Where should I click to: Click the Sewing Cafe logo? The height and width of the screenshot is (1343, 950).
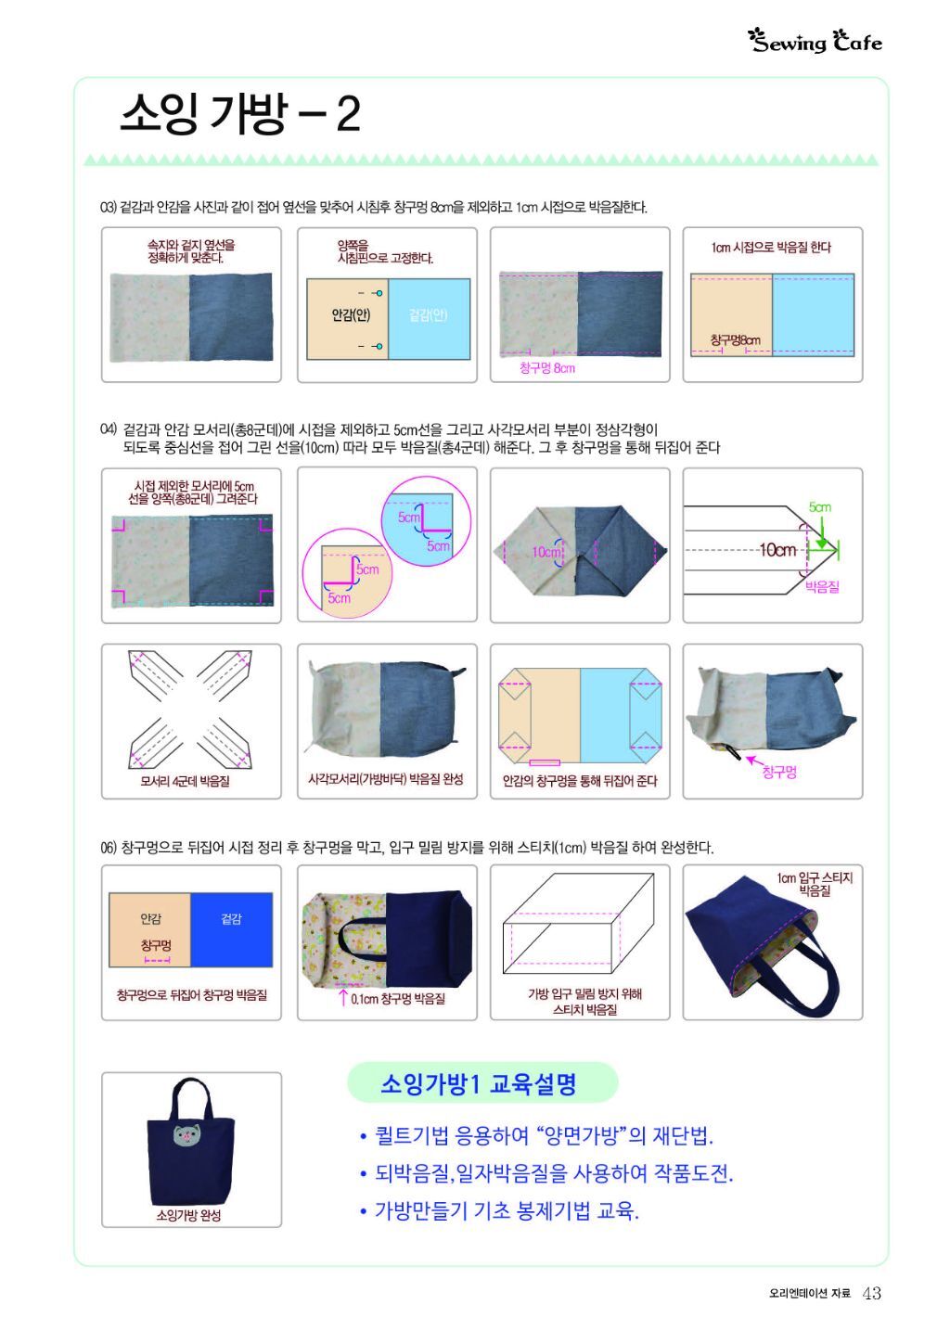point(815,42)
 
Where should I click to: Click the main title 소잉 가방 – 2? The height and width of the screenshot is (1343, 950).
point(240,114)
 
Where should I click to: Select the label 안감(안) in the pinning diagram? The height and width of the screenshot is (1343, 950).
point(351,314)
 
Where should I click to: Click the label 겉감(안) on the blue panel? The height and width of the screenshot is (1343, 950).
point(429,314)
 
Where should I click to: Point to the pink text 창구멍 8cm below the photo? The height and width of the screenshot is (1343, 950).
point(547,368)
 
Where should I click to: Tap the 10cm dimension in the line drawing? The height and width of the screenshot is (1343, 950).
point(777,549)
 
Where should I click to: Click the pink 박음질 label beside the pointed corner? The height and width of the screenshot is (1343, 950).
point(822,587)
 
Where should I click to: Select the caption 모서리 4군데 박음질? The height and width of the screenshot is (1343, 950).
point(186,781)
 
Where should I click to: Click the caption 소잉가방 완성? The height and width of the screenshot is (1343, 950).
point(189,1215)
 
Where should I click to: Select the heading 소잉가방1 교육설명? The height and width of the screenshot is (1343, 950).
point(478,1083)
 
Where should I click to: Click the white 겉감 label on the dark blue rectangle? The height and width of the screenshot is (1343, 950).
point(232,918)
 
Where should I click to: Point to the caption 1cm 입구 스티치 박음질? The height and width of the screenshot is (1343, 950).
point(815,884)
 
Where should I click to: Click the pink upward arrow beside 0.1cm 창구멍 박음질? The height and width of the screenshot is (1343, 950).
point(343,998)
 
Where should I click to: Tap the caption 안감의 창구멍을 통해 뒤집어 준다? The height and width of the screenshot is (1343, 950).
point(580,781)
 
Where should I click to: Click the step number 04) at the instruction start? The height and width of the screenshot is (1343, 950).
point(108,428)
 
